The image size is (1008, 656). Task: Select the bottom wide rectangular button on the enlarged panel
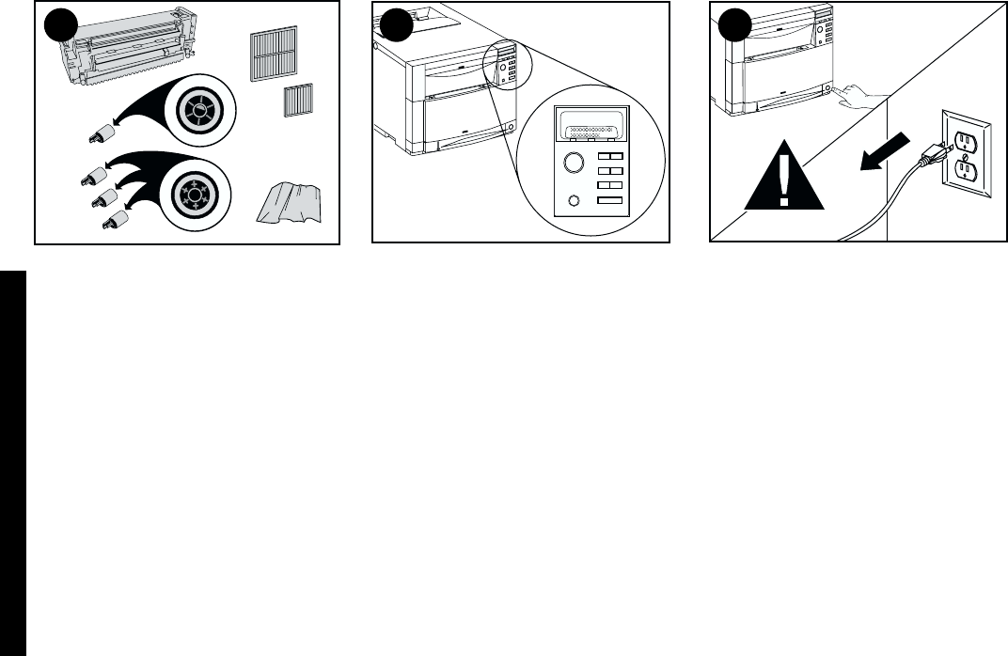point(610,201)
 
